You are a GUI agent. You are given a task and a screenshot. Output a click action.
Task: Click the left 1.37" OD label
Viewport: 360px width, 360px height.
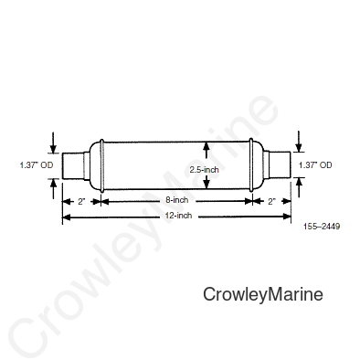(37, 165)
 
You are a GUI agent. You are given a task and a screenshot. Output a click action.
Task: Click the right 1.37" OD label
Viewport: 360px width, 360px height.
(315, 165)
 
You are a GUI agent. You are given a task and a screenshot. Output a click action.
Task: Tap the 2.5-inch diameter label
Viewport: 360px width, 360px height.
(204, 170)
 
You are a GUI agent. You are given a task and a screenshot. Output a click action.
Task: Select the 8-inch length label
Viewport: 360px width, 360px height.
(177, 200)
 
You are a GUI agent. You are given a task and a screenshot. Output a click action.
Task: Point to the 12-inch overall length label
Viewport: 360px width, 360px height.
(179, 216)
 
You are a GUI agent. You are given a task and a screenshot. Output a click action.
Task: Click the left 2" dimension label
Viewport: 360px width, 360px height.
(81, 201)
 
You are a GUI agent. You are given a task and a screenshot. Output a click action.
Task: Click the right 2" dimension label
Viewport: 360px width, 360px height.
(271, 201)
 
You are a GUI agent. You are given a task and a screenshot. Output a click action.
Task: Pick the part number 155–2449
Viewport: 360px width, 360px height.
(322, 227)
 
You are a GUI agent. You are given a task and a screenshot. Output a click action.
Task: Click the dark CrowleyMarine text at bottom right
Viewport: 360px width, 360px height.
(263, 294)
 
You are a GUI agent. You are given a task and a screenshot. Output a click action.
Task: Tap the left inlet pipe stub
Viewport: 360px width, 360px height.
(73, 165)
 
